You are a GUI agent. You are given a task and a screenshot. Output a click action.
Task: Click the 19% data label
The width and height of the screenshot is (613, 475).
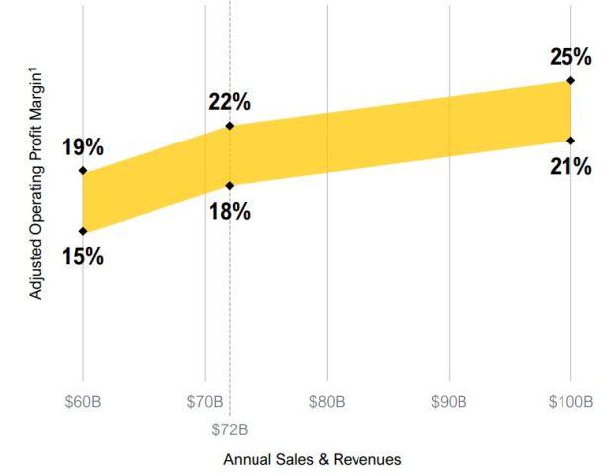point(83,147)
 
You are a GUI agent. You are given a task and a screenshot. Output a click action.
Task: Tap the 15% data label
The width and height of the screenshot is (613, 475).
point(83,256)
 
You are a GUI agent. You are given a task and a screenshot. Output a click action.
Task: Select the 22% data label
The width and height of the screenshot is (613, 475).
point(230,102)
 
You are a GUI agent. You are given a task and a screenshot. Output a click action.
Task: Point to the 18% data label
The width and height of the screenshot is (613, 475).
point(230,212)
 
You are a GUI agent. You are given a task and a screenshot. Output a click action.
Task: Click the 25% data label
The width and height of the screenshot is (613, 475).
point(570,57)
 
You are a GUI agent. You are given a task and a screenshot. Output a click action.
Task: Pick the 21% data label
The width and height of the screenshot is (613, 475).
point(570,167)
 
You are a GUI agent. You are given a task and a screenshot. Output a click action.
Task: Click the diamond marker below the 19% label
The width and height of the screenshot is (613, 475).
point(83,170)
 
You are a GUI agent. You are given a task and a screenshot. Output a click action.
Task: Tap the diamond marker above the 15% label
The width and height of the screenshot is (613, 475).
point(83,231)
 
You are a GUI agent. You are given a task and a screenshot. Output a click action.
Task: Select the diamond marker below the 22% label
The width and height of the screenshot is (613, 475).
point(230,126)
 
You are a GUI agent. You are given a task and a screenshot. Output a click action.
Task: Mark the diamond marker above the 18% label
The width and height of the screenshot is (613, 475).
point(230,186)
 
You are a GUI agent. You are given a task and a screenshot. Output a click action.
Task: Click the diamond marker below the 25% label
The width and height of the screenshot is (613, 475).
point(570,80)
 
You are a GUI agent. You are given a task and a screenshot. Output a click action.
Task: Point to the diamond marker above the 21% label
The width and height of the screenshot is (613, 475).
point(570,141)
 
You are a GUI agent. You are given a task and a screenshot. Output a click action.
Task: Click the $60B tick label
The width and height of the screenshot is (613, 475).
point(83,401)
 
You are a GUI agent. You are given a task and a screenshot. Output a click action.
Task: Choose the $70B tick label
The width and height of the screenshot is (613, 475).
point(205,401)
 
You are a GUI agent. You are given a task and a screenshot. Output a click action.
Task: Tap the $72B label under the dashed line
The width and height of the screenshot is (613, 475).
point(230,429)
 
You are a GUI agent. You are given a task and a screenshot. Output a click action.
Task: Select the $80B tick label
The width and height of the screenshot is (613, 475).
point(327,401)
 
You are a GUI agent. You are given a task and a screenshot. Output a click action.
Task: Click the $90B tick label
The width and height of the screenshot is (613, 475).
point(449,401)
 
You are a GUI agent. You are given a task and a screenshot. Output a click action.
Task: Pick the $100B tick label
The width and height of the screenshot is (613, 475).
point(570,401)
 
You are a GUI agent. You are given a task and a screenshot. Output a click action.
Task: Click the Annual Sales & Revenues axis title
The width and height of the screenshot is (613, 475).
point(312,459)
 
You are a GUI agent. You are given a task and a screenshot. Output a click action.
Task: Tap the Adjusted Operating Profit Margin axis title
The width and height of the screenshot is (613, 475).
point(36,184)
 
